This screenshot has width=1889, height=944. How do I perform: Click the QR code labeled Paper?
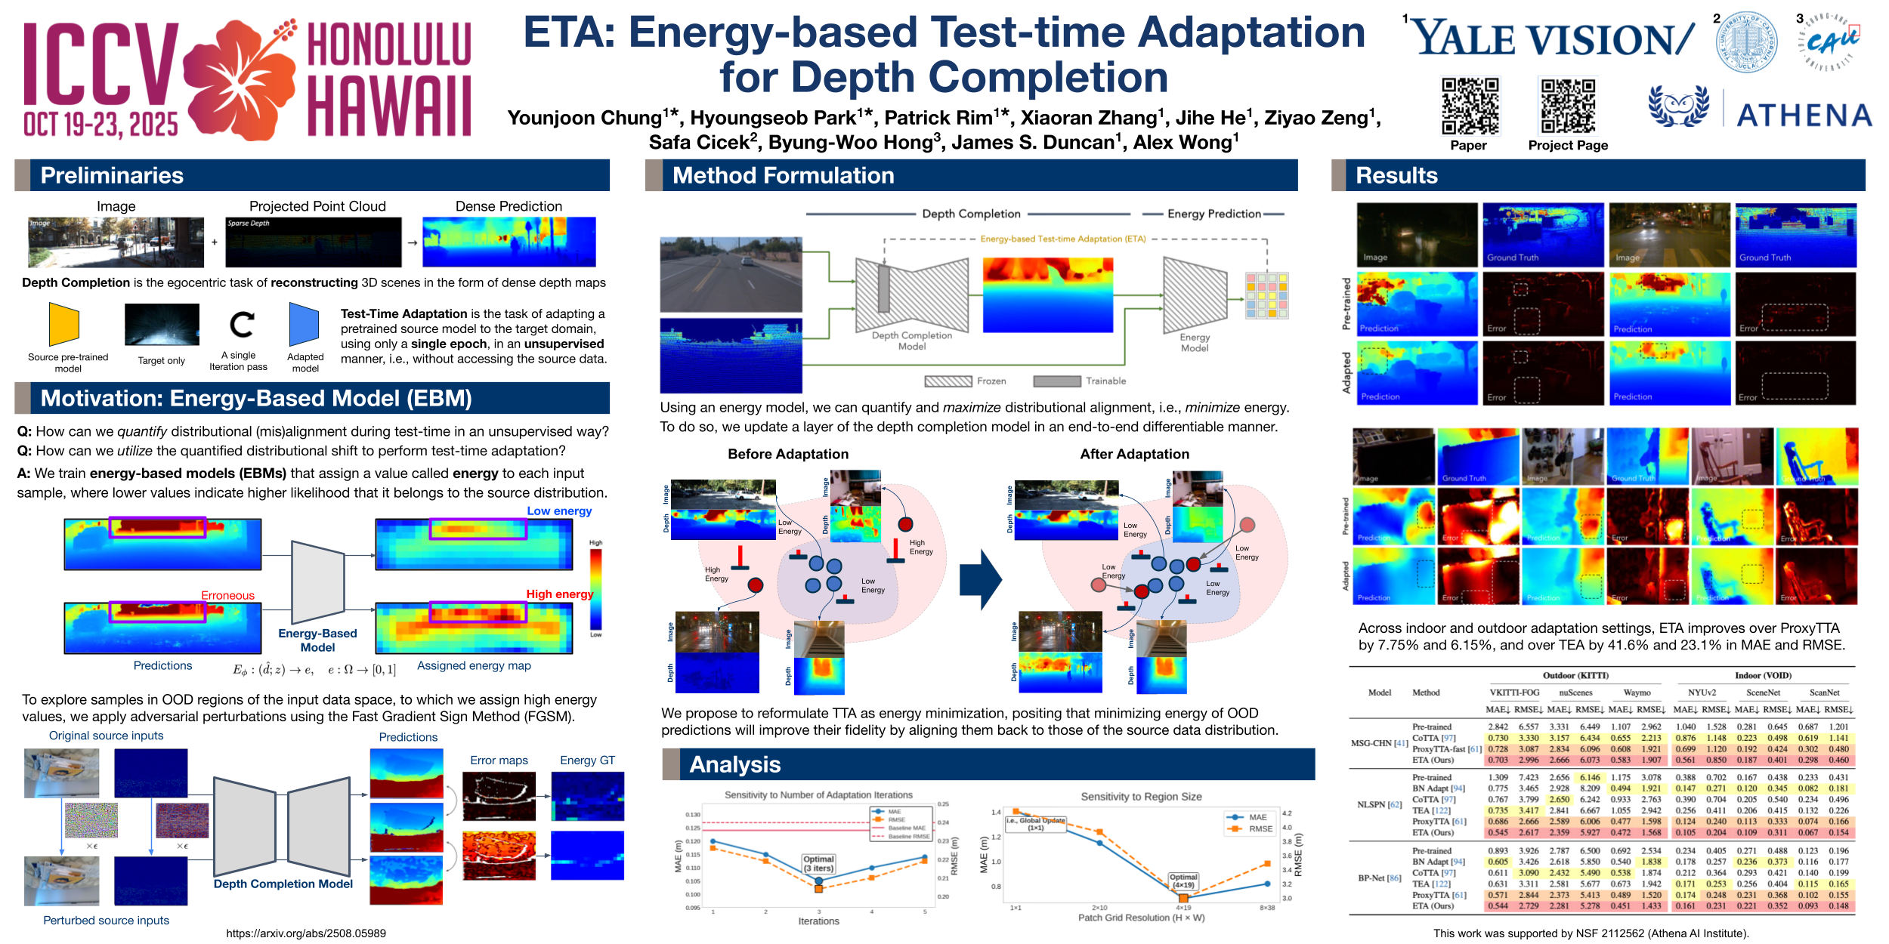(x=1470, y=106)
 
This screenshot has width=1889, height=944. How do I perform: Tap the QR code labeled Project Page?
(x=1568, y=106)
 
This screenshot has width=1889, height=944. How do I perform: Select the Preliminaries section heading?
(x=112, y=175)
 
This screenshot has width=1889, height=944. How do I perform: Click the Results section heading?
(x=1396, y=175)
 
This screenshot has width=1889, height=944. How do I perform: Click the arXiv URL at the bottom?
(x=306, y=933)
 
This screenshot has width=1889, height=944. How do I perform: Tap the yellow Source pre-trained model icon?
(x=64, y=325)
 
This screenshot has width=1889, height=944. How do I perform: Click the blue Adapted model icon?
(x=304, y=325)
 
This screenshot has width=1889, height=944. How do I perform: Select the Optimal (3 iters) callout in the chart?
(x=818, y=863)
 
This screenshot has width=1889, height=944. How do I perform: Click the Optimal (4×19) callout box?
(x=1183, y=881)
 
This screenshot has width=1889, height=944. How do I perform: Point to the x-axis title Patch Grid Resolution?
(x=1141, y=918)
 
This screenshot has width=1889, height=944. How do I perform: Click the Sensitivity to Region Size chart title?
(x=1141, y=796)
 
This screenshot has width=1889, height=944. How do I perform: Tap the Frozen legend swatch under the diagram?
(x=948, y=381)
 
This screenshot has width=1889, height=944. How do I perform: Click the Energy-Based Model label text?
(x=317, y=640)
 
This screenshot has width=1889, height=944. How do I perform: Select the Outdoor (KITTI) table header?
(x=1575, y=675)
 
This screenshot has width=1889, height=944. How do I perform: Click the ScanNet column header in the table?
(x=1763, y=693)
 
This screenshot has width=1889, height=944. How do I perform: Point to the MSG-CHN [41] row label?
(x=1379, y=743)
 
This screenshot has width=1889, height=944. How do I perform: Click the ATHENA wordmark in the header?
(x=1804, y=116)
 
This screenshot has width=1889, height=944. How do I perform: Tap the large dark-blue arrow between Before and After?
(x=980, y=580)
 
